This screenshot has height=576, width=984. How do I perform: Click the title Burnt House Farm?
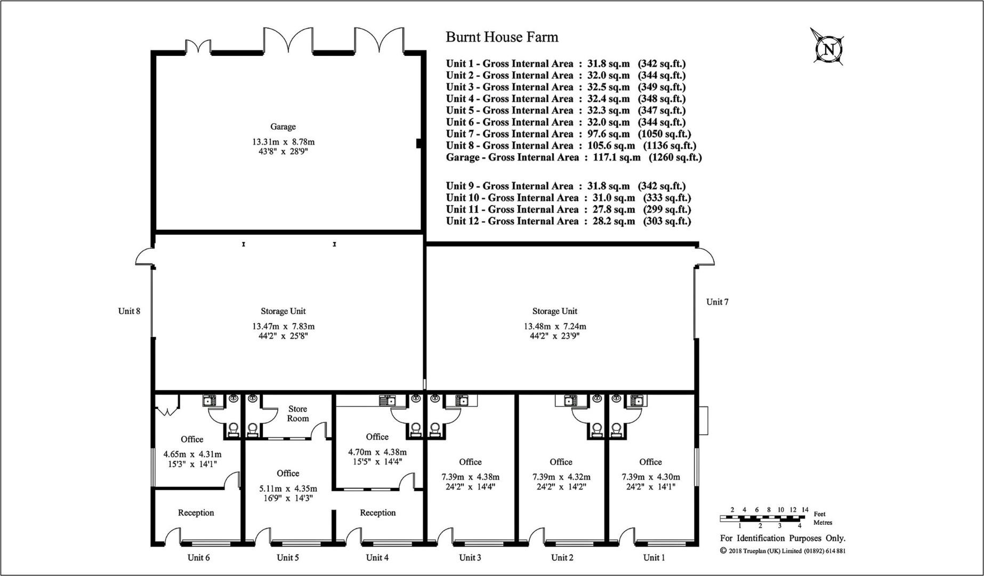502,37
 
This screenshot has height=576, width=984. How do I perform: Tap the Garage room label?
283,127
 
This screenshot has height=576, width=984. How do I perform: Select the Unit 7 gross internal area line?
568,134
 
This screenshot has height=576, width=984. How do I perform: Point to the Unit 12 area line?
568,221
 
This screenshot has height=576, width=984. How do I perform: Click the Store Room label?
298,413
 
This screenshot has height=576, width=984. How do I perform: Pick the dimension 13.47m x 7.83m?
284,326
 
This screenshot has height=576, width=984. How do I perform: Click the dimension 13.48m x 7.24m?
555,326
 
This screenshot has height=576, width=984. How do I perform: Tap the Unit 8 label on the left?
129,311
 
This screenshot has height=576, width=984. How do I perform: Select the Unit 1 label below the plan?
654,558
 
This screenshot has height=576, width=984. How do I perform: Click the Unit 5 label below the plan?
288,558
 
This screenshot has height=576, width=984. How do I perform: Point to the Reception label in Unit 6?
196,513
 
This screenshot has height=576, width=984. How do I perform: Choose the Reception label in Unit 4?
378,513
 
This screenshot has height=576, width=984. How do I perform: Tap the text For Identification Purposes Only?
783,539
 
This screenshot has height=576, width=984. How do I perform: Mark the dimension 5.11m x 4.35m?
288,489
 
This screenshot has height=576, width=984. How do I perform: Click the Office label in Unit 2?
561,462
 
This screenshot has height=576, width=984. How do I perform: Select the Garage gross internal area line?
574,157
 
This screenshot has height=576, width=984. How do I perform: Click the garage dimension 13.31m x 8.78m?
284,142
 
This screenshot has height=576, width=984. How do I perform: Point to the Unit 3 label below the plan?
470,558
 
